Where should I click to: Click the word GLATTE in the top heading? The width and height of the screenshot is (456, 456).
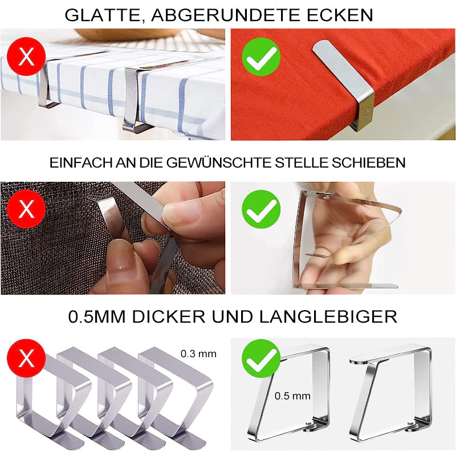click(103, 15)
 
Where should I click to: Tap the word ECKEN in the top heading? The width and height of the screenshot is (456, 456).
click(340, 15)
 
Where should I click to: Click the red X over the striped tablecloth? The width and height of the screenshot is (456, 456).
click(26, 56)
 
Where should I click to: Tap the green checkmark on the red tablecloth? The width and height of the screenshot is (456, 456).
click(261, 56)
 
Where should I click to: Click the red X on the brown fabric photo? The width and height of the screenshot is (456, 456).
click(26, 209)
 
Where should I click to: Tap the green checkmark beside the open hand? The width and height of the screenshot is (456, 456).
click(261, 209)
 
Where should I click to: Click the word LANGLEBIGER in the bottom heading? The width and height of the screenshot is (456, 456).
click(328, 317)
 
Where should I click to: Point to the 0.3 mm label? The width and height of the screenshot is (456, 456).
click(198, 353)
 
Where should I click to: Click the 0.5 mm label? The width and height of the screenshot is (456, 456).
click(292, 396)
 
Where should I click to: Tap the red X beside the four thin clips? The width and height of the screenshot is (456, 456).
click(26, 359)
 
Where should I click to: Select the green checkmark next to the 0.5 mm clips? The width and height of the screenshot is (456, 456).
click(261, 359)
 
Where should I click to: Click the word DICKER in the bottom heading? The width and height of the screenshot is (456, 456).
click(169, 317)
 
